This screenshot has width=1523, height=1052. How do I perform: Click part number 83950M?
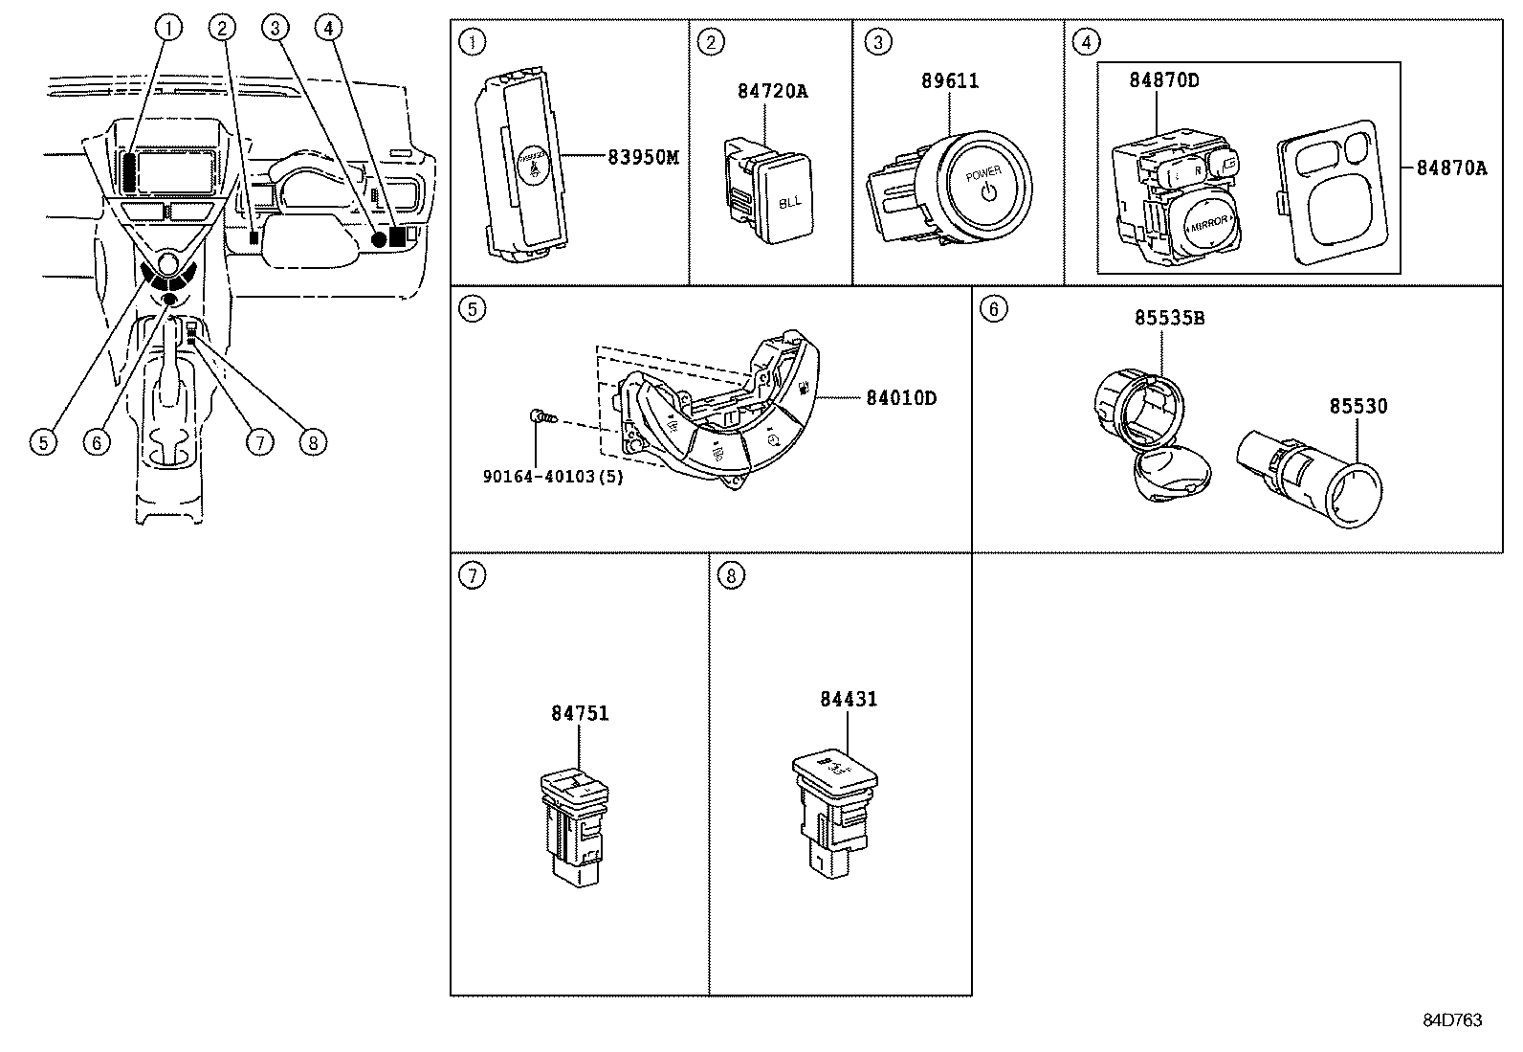[x=643, y=157]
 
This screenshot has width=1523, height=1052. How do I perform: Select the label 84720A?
[x=772, y=91]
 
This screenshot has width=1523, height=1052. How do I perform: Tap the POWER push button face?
[x=985, y=184]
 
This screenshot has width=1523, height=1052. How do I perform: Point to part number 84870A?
[x=1452, y=168]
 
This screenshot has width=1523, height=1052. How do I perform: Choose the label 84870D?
[x=1163, y=80]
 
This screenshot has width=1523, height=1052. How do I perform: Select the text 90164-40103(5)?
[x=552, y=476]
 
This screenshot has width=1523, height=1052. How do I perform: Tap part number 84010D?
[x=901, y=397]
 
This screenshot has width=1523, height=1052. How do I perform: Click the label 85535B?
[x=1169, y=318]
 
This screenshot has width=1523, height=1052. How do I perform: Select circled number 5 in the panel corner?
[x=472, y=308]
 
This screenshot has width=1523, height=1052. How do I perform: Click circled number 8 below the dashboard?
[x=312, y=441]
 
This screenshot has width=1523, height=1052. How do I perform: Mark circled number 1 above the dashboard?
[x=168, y=28]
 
